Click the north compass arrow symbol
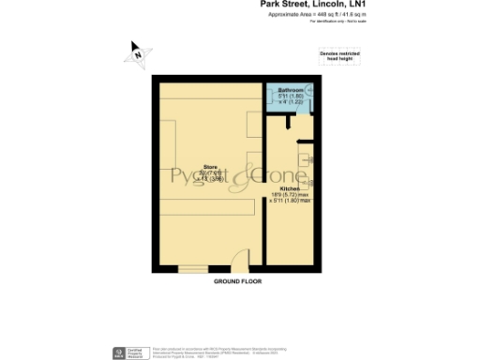136,54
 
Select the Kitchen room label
289,188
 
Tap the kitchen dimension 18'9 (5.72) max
291,195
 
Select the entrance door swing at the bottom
240,261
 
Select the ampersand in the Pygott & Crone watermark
246,174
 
